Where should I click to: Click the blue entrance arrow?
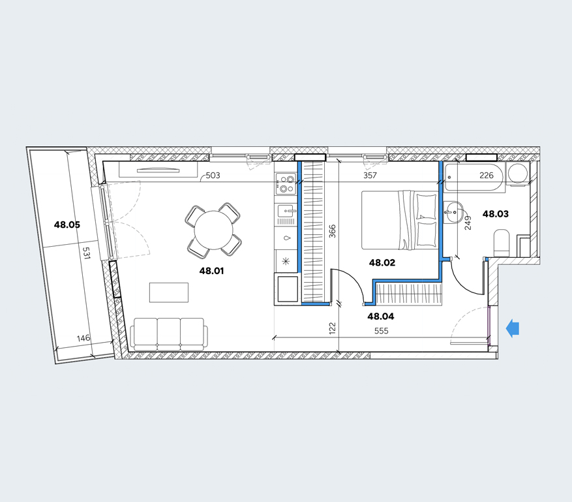pyautogui.click(x=513, y=328)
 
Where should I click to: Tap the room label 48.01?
pyautogui.click(x=211, y=271)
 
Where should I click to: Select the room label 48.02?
pyautogui.click(x=382, y=262)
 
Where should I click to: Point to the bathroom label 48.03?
pyautogui.click(x=496, y=213)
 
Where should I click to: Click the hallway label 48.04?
pyautogui.click(x=381, y=316)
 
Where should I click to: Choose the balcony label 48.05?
pyautogui.click(x=67, y=225)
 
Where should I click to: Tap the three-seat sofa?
pyautogui.click(x=169, y=334)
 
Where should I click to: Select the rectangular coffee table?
pyautogui.click(x=169, y=292)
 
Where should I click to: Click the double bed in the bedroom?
pyautogui.click(x=399, y=220)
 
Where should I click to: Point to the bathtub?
pyautogui.click(x=474, y=177)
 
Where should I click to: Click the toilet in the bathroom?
pyautogui.click(x=501, y=243)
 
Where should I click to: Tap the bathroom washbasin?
pyautogui.click(x=453, y=212)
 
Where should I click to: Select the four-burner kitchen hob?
pyautogui.click(x=286, y=183)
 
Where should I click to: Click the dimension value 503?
pyautogui.click(x=213, y=175)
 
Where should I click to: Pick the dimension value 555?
pyautogui.click(x=381, y=331)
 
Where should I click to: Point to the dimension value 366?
pyautogui.click(x=332, y=231)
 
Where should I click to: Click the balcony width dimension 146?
pyautogui.click(x=83, y=338)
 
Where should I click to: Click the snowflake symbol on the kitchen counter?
pyautogui.click(x=286, y=261)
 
